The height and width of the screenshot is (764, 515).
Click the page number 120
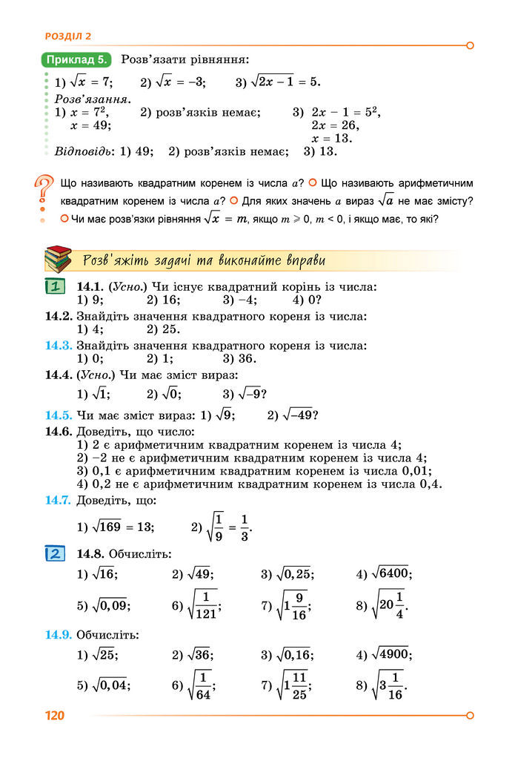tap(55, 716)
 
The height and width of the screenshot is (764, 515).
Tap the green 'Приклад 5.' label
tap(77, 59)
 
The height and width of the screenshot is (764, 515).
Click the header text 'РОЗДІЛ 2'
tap(68, 36)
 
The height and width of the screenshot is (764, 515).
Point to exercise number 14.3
tap(58, 345)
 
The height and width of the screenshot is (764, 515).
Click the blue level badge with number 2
tap(56, 553)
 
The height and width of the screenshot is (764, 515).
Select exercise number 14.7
tap(58, 500)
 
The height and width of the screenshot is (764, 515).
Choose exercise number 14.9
tap(58, 634)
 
